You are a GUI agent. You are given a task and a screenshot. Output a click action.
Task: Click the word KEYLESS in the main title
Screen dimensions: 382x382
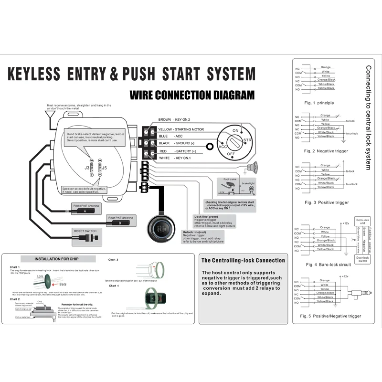point(34,74)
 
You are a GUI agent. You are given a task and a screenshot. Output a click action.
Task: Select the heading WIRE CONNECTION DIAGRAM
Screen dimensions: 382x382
point(192,95)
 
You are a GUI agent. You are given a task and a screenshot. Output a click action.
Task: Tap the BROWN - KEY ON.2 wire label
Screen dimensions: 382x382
point(174,120)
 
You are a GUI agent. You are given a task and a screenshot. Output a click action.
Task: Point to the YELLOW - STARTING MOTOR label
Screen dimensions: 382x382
point(181,129)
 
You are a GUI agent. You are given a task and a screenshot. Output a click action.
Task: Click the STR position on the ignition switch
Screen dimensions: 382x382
point(247,140)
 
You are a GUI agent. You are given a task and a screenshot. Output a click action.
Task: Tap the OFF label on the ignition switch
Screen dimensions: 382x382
point(231,154)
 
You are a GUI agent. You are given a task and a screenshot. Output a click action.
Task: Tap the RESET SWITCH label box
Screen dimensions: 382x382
point(85,231)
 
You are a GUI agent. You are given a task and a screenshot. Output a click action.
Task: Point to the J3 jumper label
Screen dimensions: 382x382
point(87,168)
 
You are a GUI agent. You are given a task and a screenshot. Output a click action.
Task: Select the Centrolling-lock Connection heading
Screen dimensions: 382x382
point(243,261)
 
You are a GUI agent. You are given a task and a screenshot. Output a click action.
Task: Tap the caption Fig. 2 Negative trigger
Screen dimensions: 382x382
point(326,151)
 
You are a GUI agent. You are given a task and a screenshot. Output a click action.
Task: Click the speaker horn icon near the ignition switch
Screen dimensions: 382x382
point(252,167)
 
